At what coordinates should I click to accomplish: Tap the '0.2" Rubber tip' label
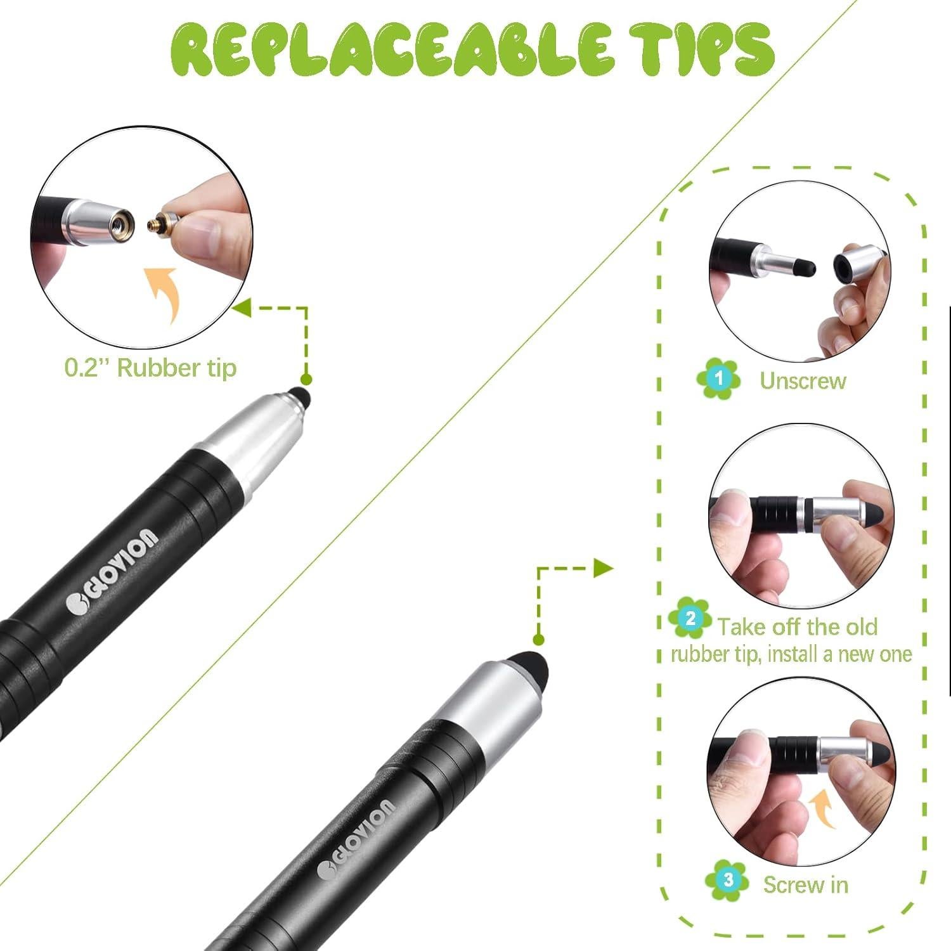click(x=150, y=368)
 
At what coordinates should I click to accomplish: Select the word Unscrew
click(x=803, y=380)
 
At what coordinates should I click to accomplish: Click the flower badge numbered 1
click(x=718, y=379)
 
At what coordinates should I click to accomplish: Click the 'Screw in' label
click(x=805, y=884)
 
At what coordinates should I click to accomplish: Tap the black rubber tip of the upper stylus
click(x=302, y=398)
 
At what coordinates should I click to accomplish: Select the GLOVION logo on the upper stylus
click(x=112, y=571)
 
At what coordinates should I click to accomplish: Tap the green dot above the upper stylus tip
click(x=306, y=379)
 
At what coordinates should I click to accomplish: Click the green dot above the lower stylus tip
click(x=538, y=640)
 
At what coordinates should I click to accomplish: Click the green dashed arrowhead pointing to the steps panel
click(x=604, y=568)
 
